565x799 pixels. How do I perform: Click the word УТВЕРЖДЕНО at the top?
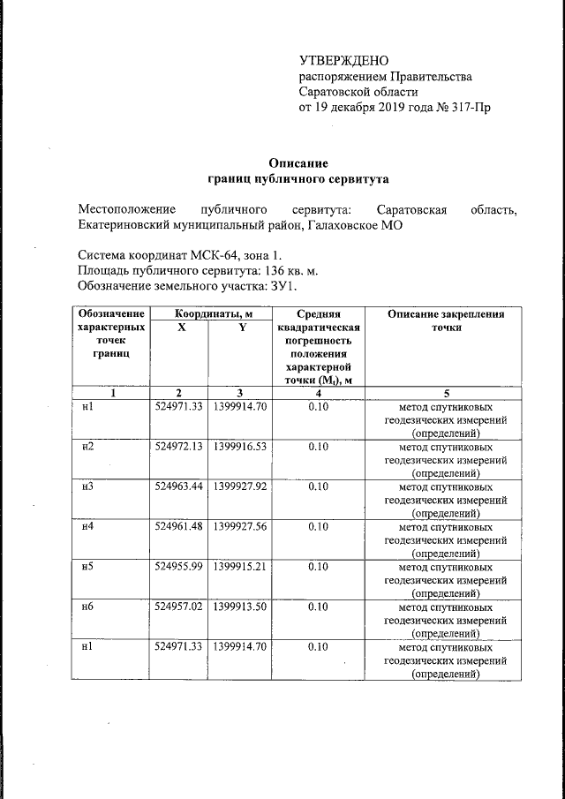(344, 61)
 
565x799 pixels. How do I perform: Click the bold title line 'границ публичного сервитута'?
(298, 178)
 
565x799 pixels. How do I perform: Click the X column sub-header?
(178, 327)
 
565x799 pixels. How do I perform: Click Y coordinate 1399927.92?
(238, 486)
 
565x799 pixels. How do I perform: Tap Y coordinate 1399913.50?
(238, 607)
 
